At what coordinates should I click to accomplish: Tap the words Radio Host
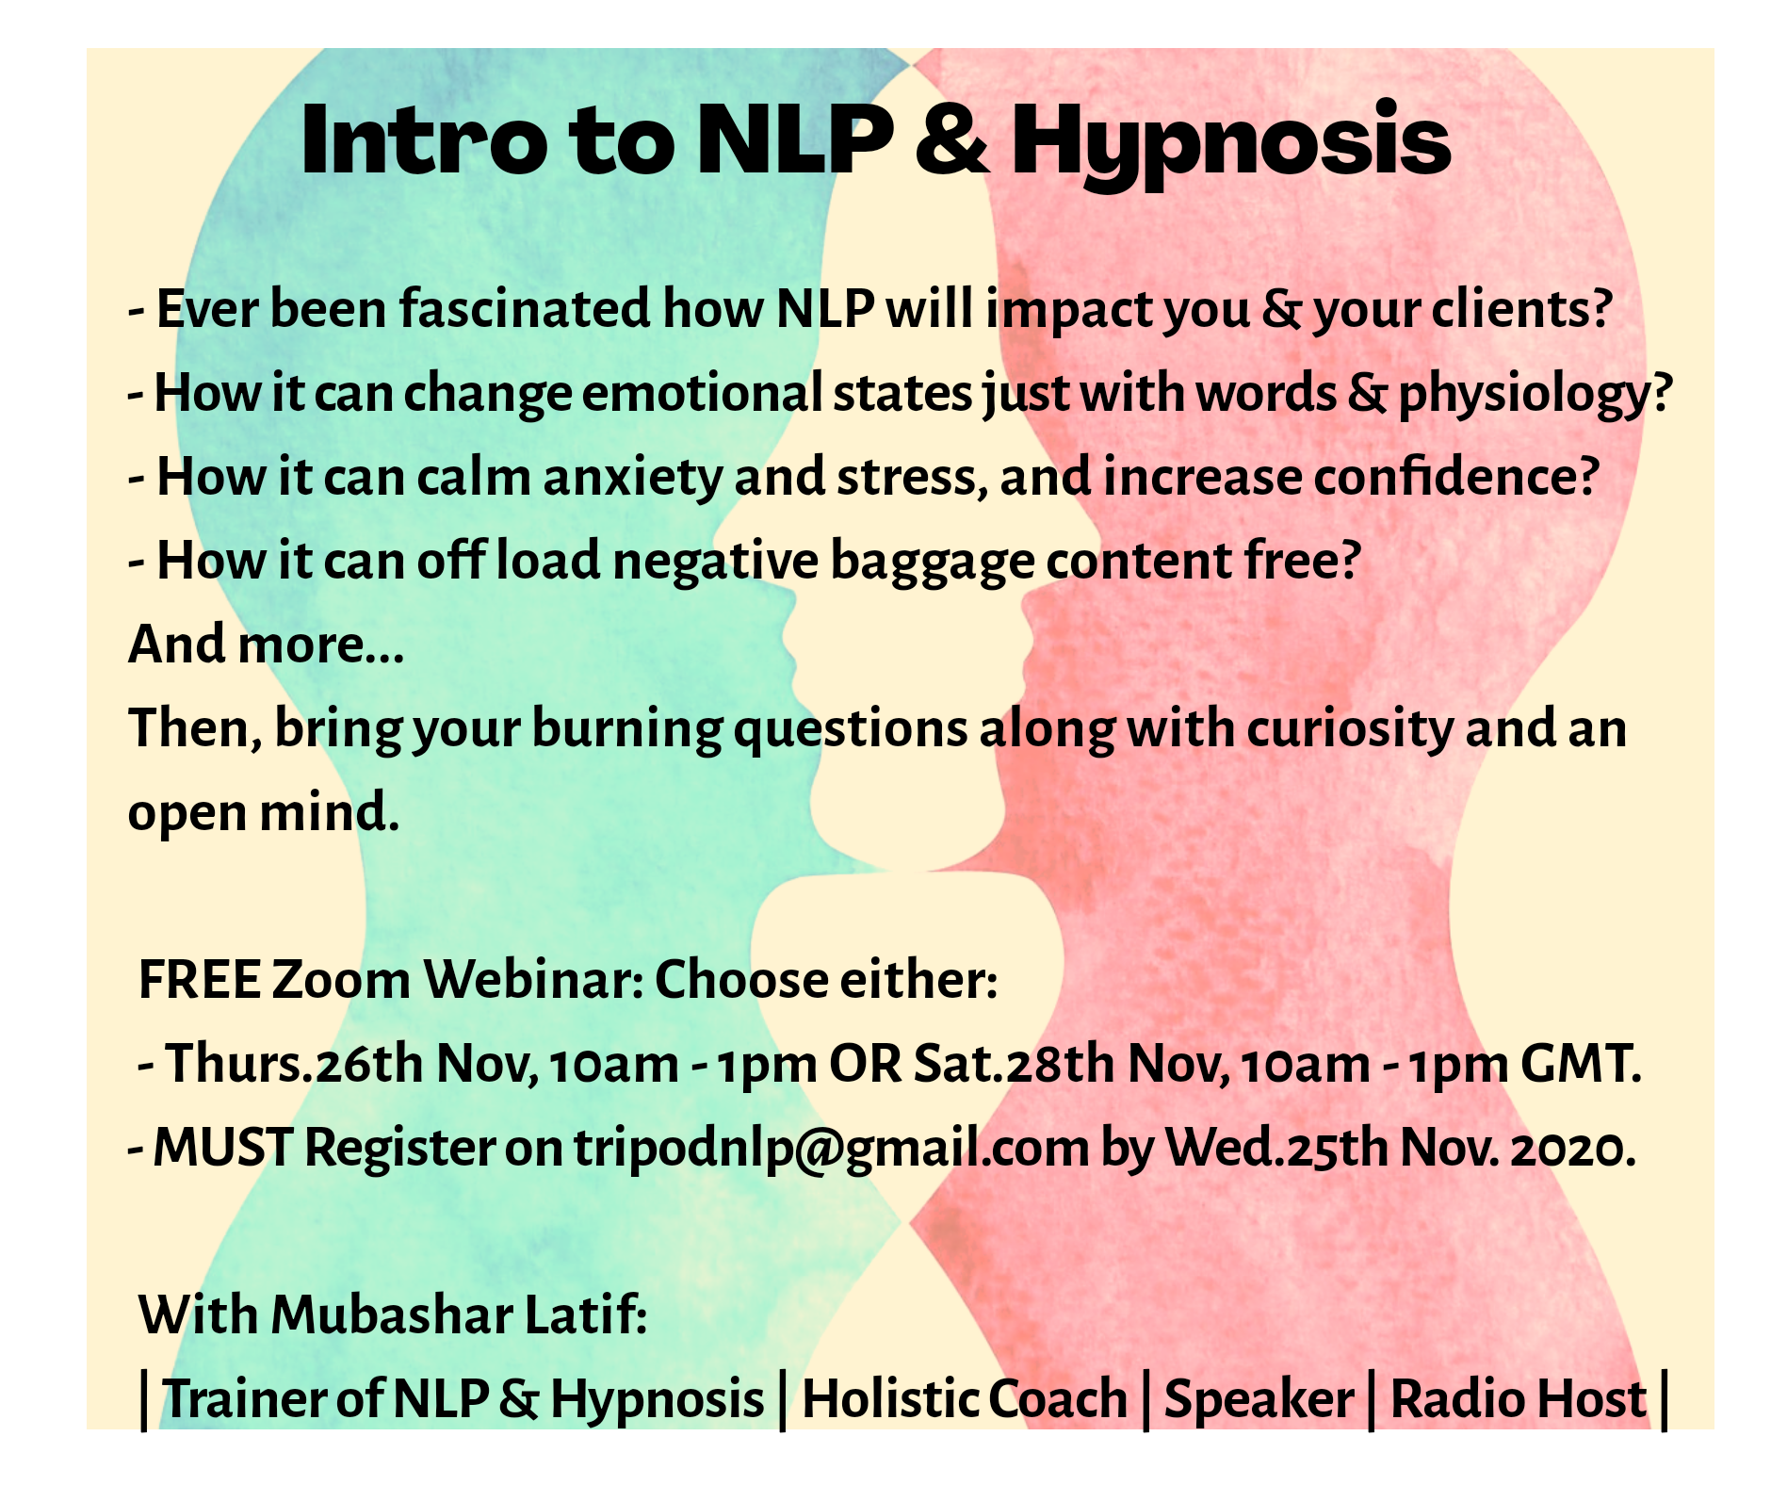click(1519, 1398)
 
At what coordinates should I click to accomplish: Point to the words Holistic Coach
click(965, 1398)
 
